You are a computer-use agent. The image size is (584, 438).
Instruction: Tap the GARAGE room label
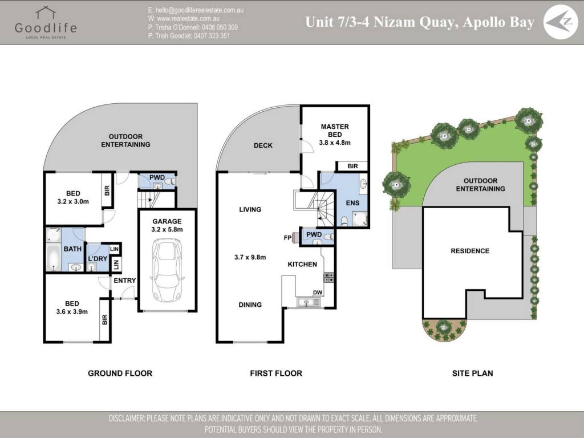tap(167, 221)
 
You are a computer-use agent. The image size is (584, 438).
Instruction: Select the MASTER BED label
tap(335, 131)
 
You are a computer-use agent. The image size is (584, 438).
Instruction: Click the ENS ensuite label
tap(352, 203)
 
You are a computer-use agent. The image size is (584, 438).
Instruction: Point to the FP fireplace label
tap(287, 238)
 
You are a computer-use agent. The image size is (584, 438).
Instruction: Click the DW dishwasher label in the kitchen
tap(317, 293)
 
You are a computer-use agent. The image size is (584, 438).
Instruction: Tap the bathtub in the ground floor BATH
tap(53, 257)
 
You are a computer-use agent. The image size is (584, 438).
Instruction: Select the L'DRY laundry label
tap(98, 259)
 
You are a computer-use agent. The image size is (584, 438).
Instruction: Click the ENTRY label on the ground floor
tap(125, 281)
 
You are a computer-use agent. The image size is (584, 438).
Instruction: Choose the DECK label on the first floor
tap(263, 145)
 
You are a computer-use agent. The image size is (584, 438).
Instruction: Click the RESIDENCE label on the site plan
tap(470, 251)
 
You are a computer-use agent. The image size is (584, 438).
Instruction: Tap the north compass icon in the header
tap(561, 22)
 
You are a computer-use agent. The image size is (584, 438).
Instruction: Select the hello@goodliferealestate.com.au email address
tap(196, 10)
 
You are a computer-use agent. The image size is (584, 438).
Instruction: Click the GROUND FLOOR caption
tap(120, 373)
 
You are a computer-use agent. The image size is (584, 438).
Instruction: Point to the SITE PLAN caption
tap(472, 373)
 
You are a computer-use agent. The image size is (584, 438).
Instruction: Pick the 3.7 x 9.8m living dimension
tap(250, 257)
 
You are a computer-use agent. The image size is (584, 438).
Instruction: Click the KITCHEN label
tap(302, 265)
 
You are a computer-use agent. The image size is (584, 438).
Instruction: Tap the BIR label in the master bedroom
tap(352, 166)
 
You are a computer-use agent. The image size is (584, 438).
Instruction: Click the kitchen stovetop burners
tap(329, 277)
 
